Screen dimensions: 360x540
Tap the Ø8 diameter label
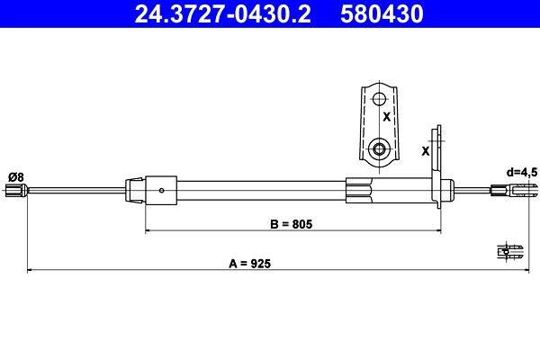point(15,175)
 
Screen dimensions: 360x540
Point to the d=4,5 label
point(521,171)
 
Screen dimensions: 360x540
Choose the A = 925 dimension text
point(248,264)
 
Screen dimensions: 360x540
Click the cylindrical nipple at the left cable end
point(14,190)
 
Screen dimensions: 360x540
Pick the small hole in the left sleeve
point(161,190)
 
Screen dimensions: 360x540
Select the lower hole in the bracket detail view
point(380,148)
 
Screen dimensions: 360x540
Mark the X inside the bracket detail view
point(386,117)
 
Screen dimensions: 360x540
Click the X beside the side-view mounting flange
point(425,150)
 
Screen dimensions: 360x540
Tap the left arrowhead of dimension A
point(31,270)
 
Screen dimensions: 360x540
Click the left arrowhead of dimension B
point(149,231)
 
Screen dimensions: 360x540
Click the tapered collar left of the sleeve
point(134,189)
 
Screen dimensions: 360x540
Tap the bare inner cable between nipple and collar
point(76,189)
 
